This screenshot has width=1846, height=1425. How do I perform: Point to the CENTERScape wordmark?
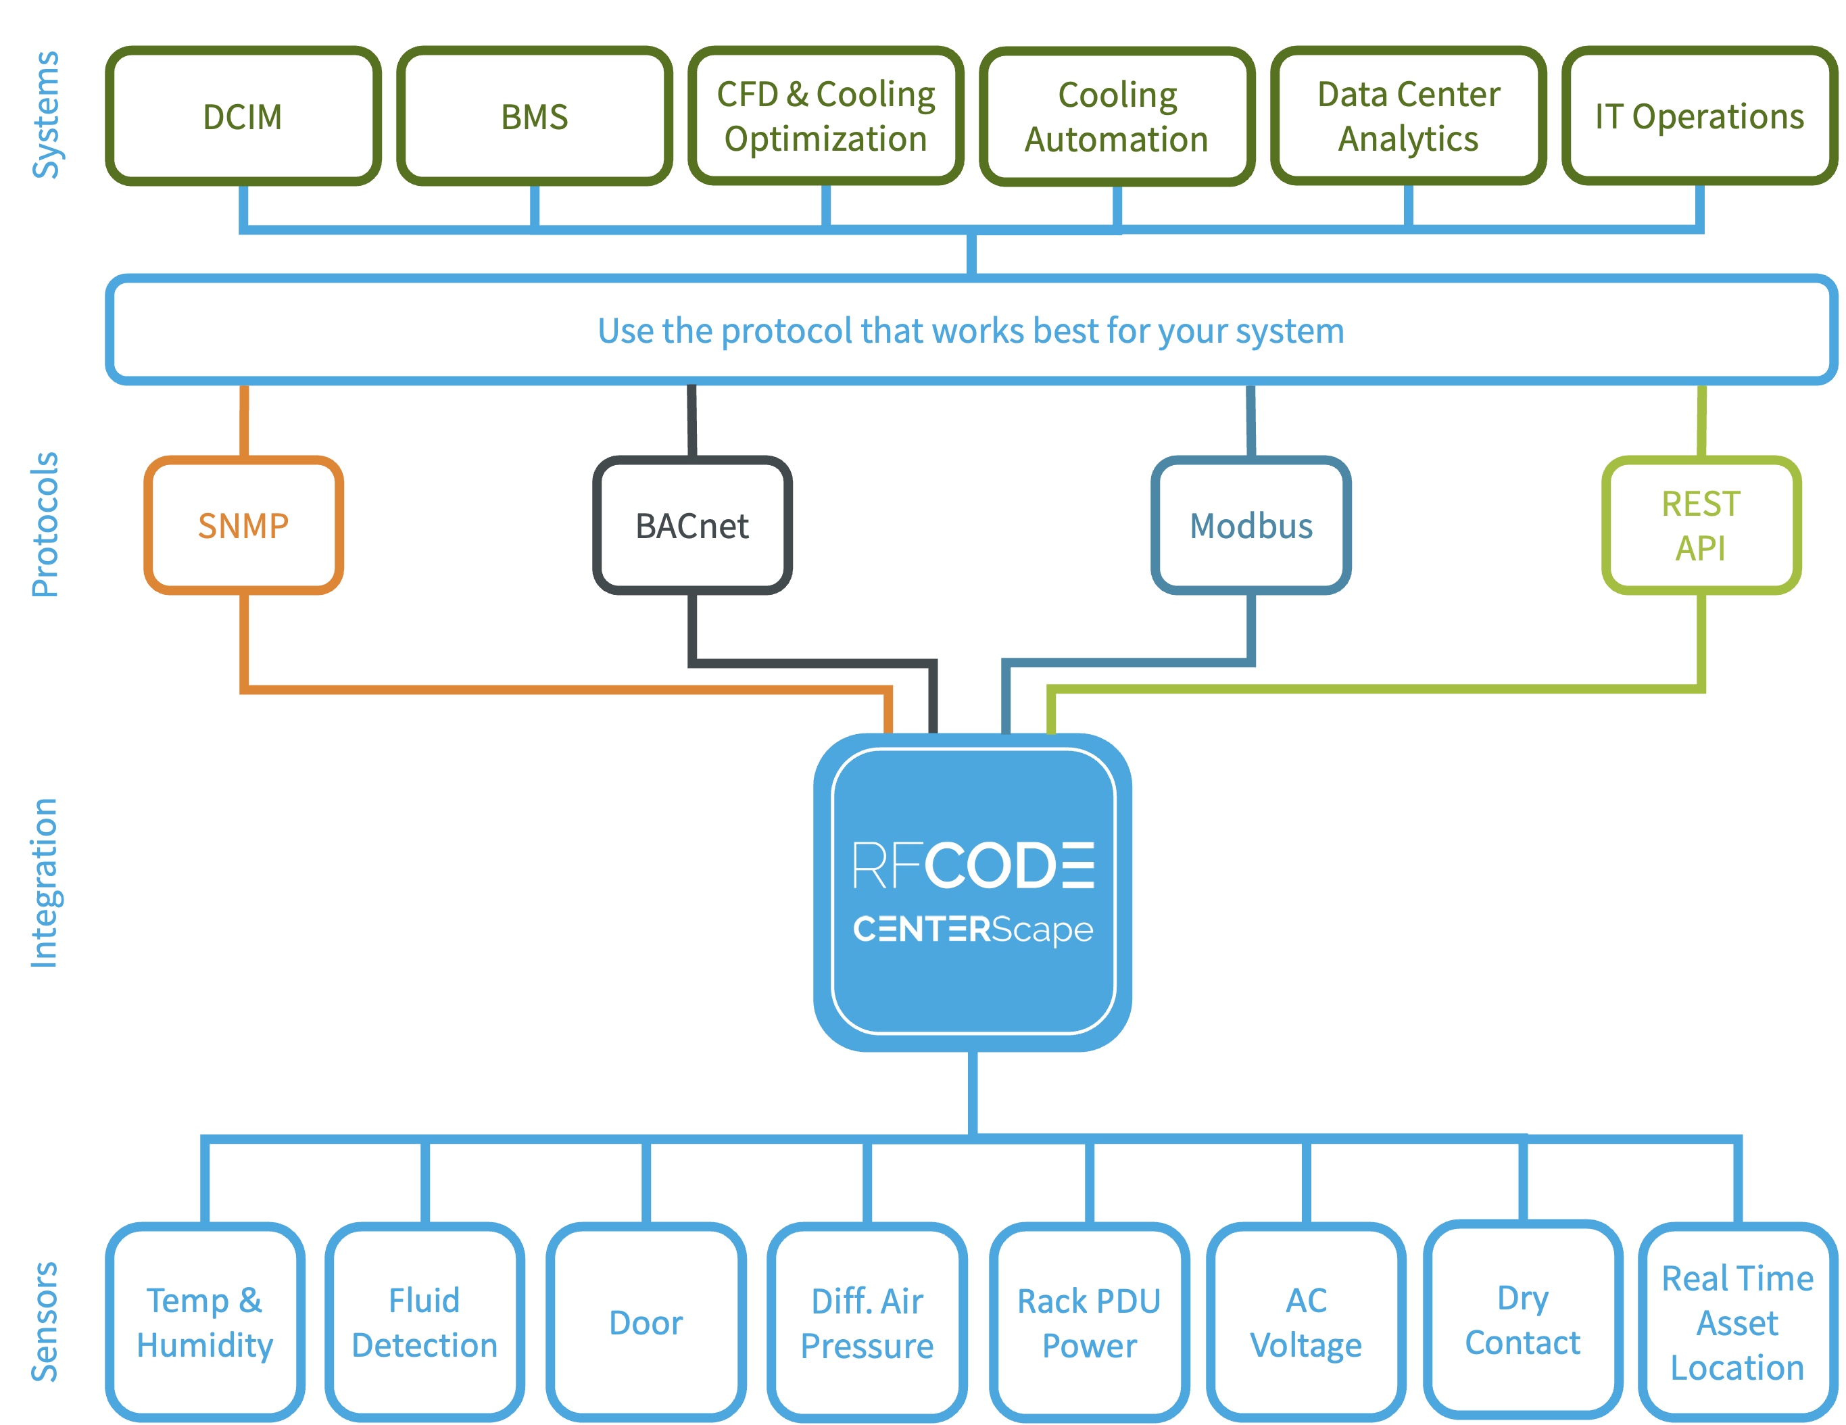(973, 929)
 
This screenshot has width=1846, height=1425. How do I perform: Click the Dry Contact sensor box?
(1522, 1320)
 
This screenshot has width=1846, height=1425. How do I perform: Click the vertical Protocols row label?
(45, 525)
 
